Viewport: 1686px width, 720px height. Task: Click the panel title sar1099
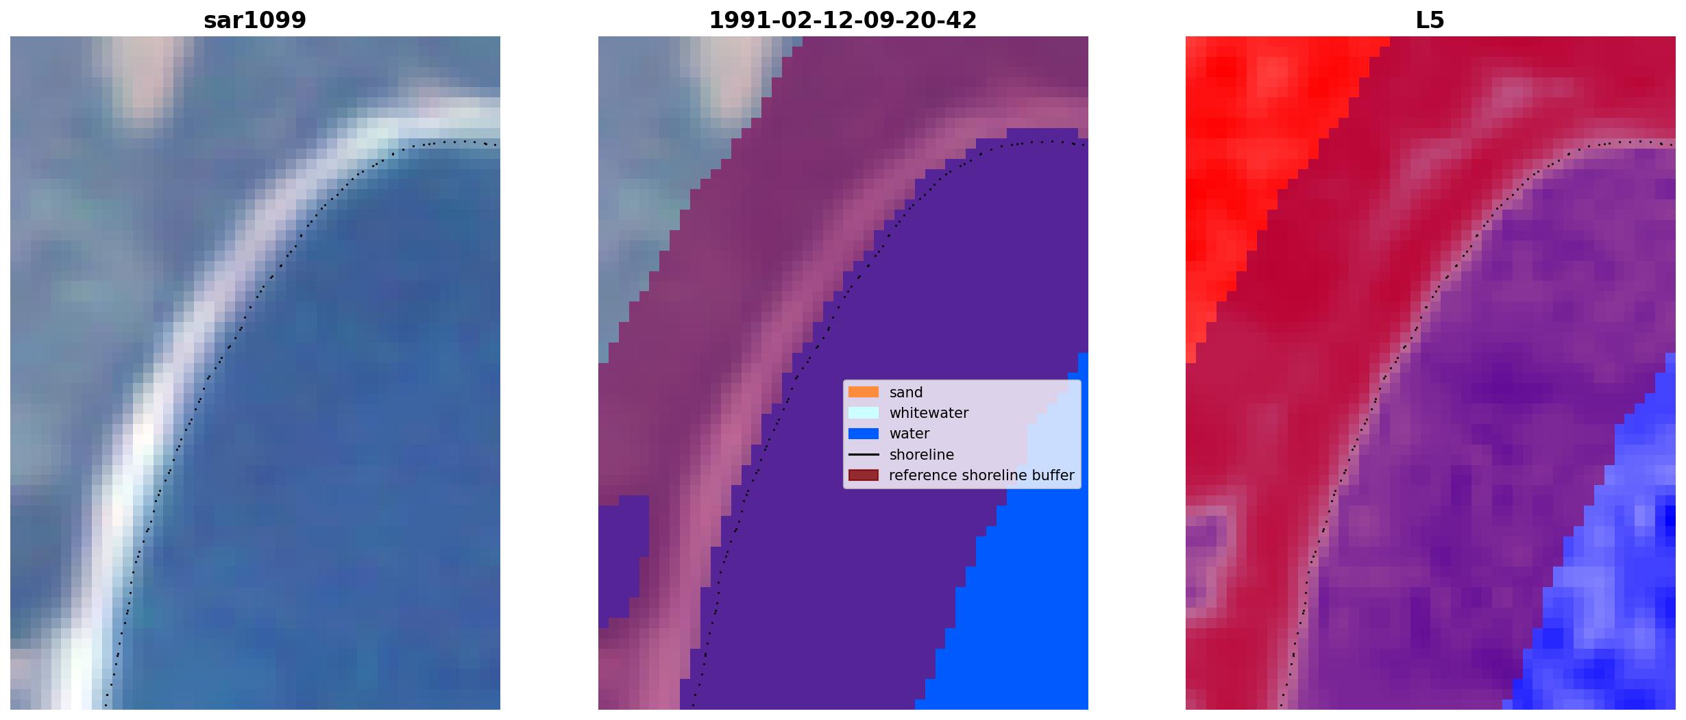click(x=254, y=20)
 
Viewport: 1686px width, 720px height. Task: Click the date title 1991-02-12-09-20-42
click(x=842, y=20)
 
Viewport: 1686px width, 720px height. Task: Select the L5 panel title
click(x=1430, y=20)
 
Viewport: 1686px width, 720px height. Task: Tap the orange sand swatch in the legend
click(x=864, y=392)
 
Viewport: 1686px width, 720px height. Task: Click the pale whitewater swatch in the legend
click(x=864, y=412)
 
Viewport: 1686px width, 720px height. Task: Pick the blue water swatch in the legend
click(x=864, y=434)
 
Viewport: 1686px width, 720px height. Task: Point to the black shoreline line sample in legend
click(x=864, y=454)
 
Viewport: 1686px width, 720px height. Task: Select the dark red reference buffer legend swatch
click(x=864, y=475)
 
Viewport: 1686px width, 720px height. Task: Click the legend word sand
click(x=906, y=393)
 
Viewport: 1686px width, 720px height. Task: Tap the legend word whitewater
click(x=929, y=413)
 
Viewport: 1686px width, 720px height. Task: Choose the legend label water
click(x=909, y=434)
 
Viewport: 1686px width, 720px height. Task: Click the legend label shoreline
click(x=922, y=454)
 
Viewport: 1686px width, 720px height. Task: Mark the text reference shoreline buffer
click(x=981, y=475)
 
